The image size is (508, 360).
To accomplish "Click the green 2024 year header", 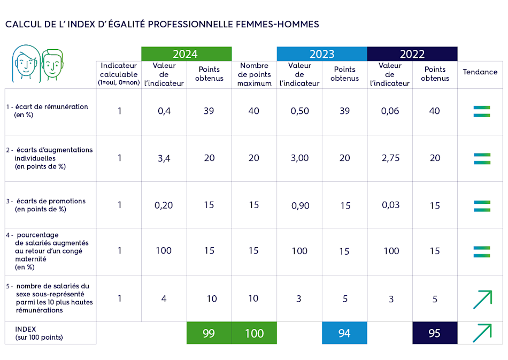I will [186, 54].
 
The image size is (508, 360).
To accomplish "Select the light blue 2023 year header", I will [321, 54].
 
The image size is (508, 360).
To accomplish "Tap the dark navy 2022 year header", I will [412, 54].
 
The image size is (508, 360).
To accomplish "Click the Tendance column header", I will [480, 72].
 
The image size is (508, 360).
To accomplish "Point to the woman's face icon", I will [25, 62].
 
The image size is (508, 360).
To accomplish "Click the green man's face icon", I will [52, 63].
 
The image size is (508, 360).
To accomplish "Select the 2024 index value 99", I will [209, 333].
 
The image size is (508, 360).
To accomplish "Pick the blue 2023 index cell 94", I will [344, 333].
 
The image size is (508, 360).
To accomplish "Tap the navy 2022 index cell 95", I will [434, 333].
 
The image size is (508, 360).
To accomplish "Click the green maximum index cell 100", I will [254, 333].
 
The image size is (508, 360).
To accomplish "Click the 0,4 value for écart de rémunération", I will [164, 111].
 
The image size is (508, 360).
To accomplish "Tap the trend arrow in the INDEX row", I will [482, 333].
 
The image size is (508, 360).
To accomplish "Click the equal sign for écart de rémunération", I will [481, 111].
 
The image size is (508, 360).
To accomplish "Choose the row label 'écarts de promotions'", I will [50, 201].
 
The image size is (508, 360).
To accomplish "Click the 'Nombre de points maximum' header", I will [254, 74].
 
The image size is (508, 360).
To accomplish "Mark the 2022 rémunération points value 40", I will [434, 111].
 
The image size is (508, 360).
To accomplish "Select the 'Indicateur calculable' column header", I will [119, 74].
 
